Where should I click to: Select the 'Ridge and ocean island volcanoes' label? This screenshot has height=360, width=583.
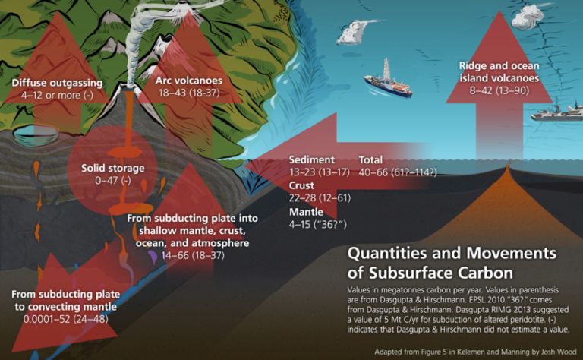pyautogui.click(x=499, y=71)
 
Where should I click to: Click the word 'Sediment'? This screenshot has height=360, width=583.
pyautogui.click(x=311, y=160)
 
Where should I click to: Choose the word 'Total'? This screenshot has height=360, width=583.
pyautogui.click(x=371, y=160)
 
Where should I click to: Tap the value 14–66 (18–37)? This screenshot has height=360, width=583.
pyautogui.click(x=193, y=255)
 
